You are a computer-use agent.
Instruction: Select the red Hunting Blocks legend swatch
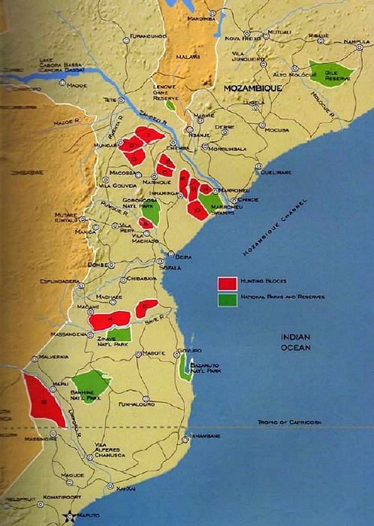point(228,283)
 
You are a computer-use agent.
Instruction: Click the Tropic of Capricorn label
point(289,422)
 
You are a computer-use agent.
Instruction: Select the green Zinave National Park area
point(119,334)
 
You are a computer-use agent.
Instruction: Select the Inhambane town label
point(204,437)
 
